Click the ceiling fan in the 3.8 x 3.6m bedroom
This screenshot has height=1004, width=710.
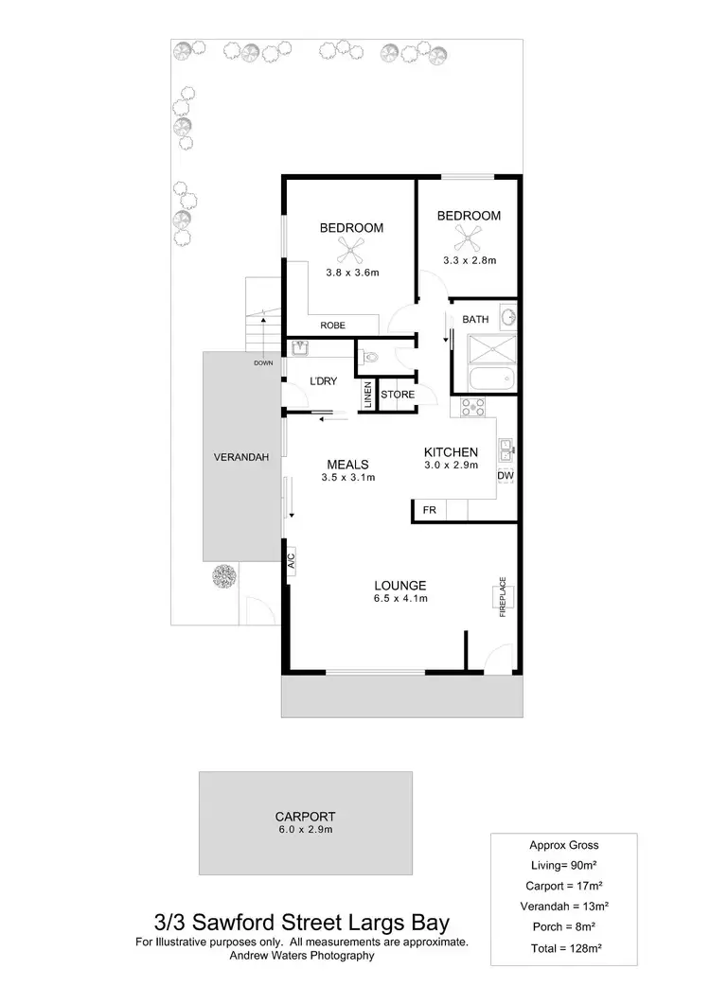point(350,250)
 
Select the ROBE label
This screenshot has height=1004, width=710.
point(332,326)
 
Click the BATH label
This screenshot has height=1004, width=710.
point(475,320)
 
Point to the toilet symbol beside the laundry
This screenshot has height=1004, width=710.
point(371,358)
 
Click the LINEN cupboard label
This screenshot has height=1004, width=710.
point(366,395)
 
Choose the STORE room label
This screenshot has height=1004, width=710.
point(398,395)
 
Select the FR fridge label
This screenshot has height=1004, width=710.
point(429,511)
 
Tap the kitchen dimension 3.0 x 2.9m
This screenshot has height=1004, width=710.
point(450,465)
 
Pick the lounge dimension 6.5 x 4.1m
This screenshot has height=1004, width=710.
point(401,598)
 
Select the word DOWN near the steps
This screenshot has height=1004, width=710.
point(263,362)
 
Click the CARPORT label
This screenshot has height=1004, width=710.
point(305,817)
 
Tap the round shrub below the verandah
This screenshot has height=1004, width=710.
point(225,575)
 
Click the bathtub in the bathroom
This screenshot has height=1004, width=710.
point(493,379)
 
